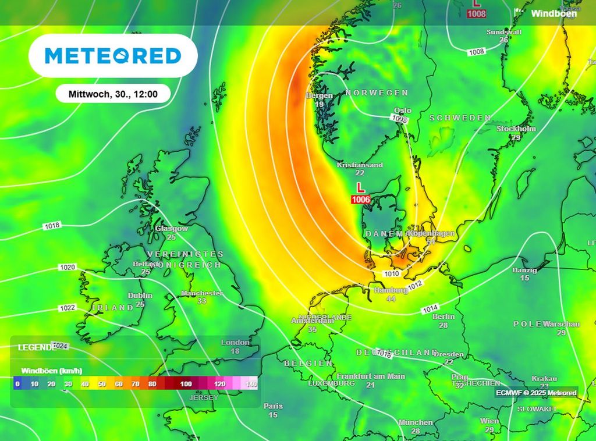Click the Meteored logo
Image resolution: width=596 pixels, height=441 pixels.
[x=113, y=56]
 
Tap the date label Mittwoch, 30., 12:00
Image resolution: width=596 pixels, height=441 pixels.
[x=113, y=94]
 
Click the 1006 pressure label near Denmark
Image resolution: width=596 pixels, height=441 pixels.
[x=361, y=200]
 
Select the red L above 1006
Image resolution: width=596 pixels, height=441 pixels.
[x=361, y=188]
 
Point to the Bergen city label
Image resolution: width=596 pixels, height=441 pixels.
[x=320, y=95]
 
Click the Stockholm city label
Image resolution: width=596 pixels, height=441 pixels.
[x=516, y=129]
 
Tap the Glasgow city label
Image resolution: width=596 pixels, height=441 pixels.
[x=172, y=229]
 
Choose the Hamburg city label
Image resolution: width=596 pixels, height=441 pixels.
[x=391, y=290]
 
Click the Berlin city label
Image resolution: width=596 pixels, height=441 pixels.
[x=444, y=316]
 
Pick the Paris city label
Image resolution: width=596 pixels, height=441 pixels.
[x=273, y=406]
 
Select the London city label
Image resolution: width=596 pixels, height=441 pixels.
[x=235, y=343]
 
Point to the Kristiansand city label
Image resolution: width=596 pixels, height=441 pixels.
[x=360, y=165]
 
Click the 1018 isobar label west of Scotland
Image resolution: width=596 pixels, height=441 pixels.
[x=51, y=226]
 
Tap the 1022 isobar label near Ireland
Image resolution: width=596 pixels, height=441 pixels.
[x=68, y=308]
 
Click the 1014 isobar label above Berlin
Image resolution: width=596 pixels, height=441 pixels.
[x=430, y=308]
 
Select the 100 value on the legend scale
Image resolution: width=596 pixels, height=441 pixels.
[x=186, y=384]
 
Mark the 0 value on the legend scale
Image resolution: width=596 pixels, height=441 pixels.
[x=17, y=384]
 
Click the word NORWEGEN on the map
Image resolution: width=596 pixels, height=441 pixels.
[x=377, y=93]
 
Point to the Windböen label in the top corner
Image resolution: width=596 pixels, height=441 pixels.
[x=554, y=13]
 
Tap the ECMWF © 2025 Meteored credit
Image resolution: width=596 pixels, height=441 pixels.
[x=536, y=393]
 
